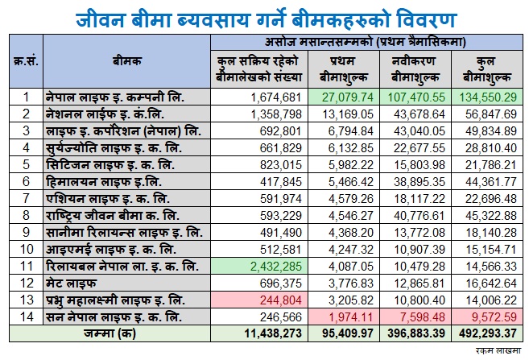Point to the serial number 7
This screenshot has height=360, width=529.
pyautogui.click(x=26, y=198)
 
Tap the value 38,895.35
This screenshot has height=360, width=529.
pyautogui.click(x=419, y=182)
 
